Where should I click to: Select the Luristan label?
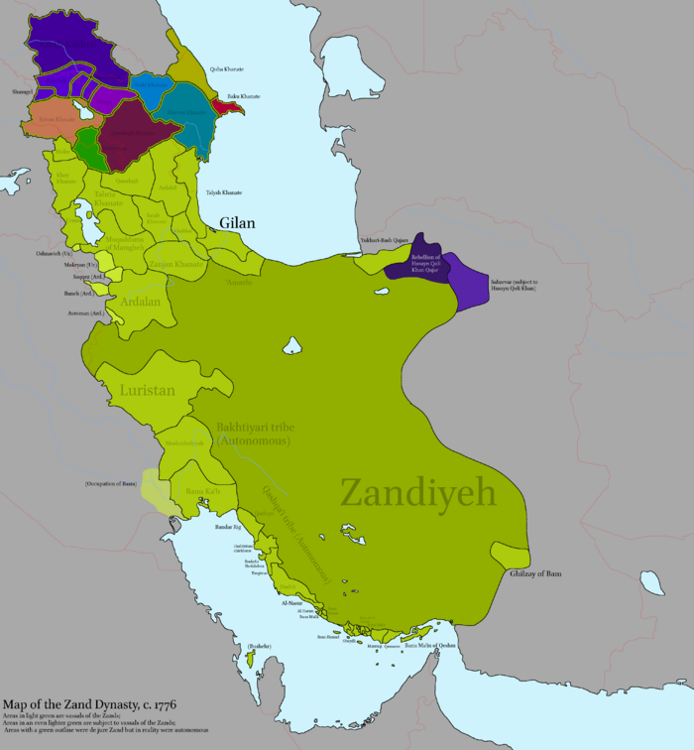[x=146, y=391]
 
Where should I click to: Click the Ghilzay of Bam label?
[x=536, y=574]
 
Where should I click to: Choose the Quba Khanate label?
[x=227, y=69]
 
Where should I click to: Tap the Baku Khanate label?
[x=243, y=96]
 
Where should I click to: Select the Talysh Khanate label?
[x=223, y=191]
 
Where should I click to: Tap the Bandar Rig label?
[x=229, y=528]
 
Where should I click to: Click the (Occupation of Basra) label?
[x=110, y=483]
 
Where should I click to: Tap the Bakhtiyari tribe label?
[x=254, y=434]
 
